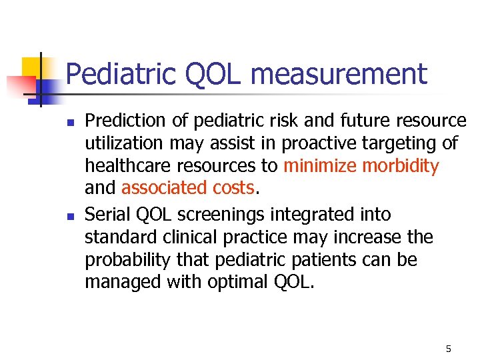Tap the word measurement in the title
point(339,74)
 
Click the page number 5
point(449,349)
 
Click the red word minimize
point(321,166)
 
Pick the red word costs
point(231,189)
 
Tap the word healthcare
point(124,166)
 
